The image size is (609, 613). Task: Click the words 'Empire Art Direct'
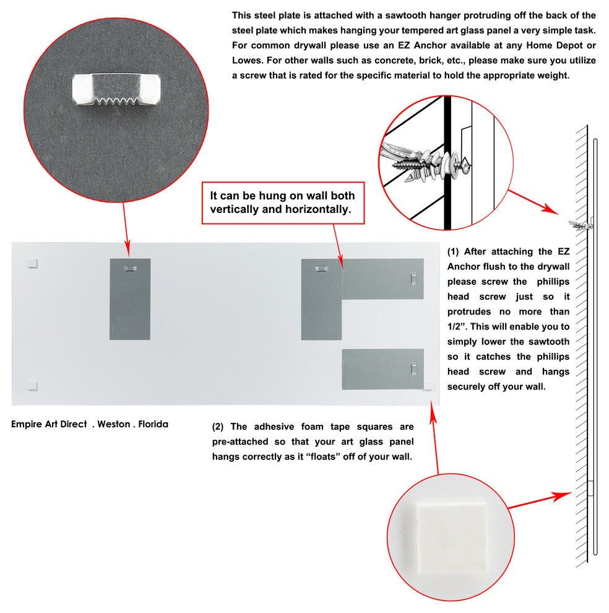click(49, 424)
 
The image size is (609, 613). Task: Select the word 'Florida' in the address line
click(153, 424)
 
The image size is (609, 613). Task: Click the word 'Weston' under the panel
click(114, 424)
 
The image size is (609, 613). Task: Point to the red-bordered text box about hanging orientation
click(282, 202)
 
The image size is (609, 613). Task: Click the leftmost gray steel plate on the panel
click(130, 299)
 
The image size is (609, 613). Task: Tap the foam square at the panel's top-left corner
click(32, 263)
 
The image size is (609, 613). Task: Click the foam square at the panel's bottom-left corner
click(32, 386)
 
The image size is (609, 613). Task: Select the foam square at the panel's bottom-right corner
click(428, 386)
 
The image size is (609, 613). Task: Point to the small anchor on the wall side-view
click(582, 225)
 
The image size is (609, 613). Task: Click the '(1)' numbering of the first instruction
click(453, 251)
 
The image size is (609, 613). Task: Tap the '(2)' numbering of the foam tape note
click(217, 427)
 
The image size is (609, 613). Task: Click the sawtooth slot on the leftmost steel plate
click(130, 269)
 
